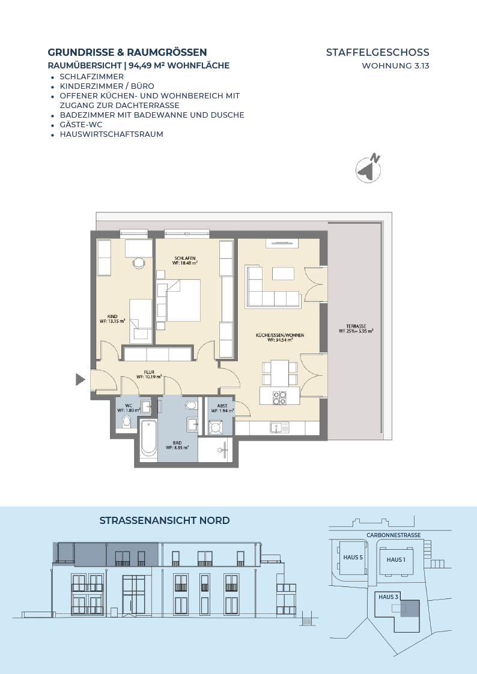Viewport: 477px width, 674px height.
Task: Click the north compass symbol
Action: coord(369,168)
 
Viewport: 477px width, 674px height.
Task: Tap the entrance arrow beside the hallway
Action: coord(80,379)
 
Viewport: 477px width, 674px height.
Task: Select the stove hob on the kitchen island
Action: coord(279,397)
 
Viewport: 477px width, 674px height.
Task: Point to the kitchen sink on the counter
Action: coord(279,428)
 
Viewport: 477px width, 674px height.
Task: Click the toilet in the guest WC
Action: coord(127,421)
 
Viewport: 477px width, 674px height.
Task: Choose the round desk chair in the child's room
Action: coord(139,262)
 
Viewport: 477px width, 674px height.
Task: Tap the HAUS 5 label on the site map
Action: coord(353,558)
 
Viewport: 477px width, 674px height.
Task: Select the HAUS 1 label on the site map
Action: coord(396,559)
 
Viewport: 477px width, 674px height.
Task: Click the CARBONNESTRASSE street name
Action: coord(393,535)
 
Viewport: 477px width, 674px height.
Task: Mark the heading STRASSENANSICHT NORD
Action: coord(165,520)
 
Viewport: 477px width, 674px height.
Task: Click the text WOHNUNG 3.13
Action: coord(396,66)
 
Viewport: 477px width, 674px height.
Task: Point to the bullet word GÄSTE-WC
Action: coord(81,124)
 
